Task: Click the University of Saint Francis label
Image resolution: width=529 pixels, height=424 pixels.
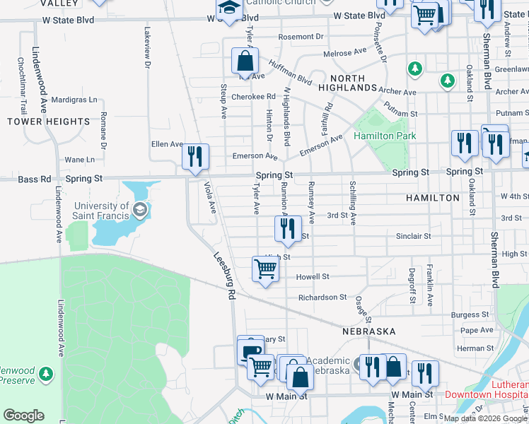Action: (x=102, y=211)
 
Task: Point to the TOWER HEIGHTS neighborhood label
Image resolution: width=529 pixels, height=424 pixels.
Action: (x=49, y=122)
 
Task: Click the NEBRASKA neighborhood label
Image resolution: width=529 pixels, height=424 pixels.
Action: (x=368, y=331)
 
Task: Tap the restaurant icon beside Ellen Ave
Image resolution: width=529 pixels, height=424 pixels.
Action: (x=195, y=156)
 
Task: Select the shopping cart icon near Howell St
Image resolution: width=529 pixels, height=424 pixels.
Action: (x=265, y=269)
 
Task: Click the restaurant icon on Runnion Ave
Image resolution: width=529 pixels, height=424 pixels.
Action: (x=288, y=228)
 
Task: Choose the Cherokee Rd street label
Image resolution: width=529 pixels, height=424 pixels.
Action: (x=257, y=96)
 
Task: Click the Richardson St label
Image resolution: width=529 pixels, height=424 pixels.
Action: (x=322, y=298)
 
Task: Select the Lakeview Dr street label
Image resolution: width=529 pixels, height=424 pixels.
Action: (x=148, y=48)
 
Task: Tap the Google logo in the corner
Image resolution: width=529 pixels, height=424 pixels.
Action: (x=23, y=416)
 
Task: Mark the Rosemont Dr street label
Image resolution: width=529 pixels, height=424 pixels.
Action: (x=301, y=36)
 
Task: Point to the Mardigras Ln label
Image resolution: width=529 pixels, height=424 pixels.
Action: (x=74, y=100)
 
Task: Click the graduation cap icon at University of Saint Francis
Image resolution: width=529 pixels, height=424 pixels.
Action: (x=140, y=209)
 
